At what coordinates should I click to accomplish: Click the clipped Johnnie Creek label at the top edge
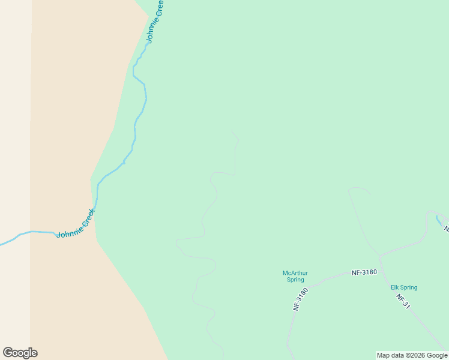click(155, 22)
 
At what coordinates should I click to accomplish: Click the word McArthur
click(295, 273)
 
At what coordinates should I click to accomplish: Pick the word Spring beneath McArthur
click(295, 280)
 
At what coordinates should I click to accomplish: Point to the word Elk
click(395, 287)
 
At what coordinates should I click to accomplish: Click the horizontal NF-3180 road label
click(364, 272)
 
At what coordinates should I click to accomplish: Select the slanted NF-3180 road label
click(300, 299)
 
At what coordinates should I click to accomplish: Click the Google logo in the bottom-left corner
click(20, 353)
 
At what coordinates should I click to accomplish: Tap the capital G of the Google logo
click(8, 352)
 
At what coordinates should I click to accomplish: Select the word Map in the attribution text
click(383, 355)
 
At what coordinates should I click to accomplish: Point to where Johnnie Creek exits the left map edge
click(1, 244)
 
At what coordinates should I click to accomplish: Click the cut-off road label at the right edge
click(446, 228)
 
